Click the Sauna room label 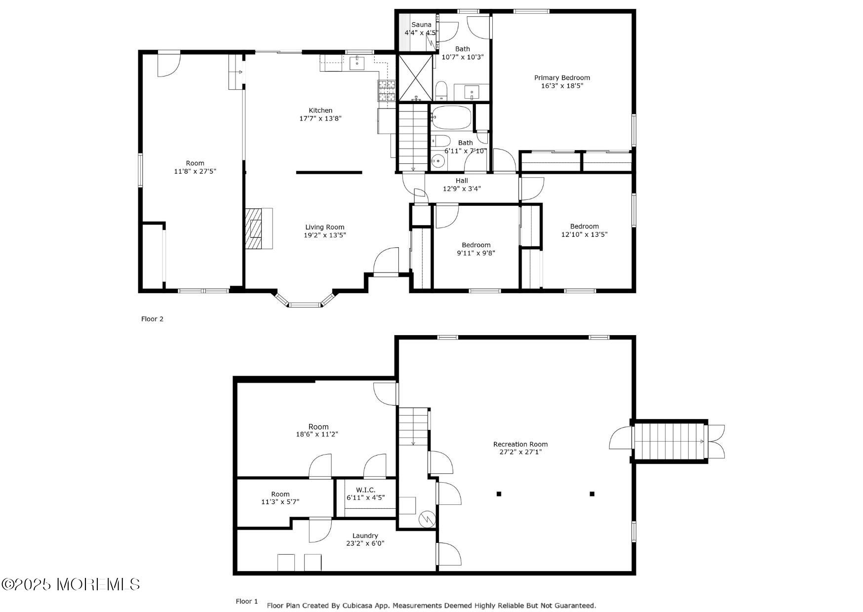[421, 25]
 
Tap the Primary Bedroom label [562, 77]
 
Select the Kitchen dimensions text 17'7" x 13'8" [320, 118]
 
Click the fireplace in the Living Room [259, 229]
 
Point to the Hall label [462, 181]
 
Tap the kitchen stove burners [387, 91]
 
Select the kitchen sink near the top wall [357, 63]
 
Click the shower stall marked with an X [415, 77]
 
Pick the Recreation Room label [520, 444]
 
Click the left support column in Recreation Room [499, 494]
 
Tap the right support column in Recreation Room [592, 494]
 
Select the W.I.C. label [365, 490]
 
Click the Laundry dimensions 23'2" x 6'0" [365, 543]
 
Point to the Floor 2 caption [152, 319]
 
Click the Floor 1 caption [247, 601]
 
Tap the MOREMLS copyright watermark [71, 585]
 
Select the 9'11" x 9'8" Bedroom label [476, 249]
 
